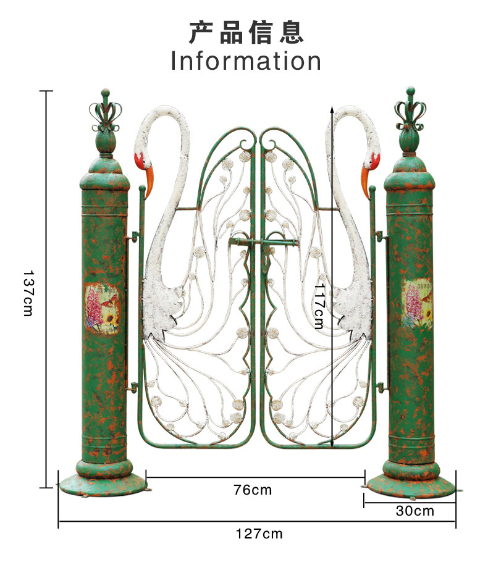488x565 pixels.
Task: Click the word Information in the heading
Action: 246,61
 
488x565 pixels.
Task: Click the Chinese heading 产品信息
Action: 246,33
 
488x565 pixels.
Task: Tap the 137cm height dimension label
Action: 28,293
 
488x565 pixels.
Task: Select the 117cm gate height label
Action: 319,306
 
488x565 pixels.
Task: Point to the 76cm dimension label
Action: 252,490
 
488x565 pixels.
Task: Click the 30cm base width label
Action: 415,511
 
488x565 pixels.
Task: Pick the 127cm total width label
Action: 259,534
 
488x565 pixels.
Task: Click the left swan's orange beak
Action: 149,182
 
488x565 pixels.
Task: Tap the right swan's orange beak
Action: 366,182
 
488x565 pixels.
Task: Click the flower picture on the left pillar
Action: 102,309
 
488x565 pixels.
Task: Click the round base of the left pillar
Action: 103,484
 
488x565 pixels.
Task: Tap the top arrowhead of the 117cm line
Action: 332,109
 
